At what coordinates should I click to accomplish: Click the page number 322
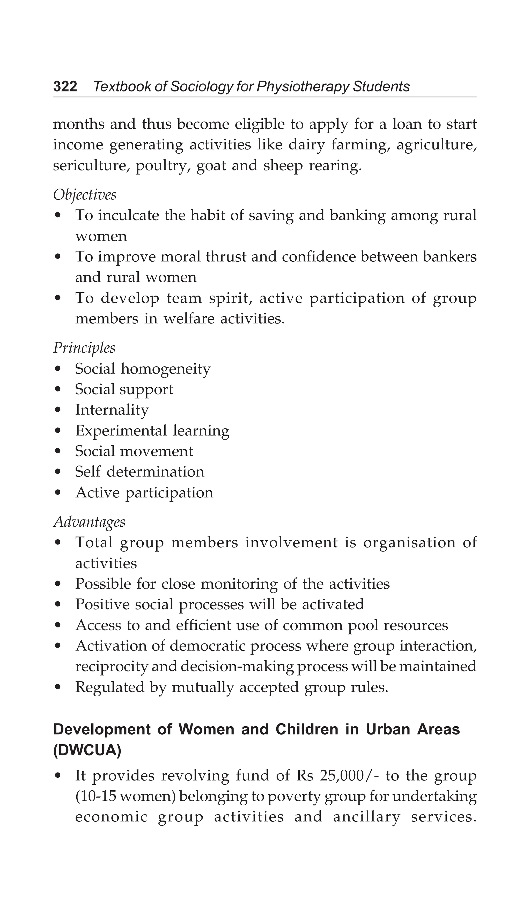pyautogui.click(x=65, y=87)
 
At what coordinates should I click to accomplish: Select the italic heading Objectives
pyautogui.click(x=85, y=195)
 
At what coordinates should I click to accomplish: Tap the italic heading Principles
pyautogui.click(x=84, y=348)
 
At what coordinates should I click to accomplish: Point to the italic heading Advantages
pyautogui.click(x=89, y=522)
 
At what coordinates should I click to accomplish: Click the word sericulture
pyautogui.click(x=91, y=166)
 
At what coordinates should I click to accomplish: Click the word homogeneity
pyautogui.click(x=166, y=369)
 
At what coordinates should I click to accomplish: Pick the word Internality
pyautogui.click(x=112, y=410)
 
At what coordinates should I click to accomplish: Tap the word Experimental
pyautogui.click(x=121, y=431)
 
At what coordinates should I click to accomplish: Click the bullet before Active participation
pyautogui.click(x=58, y=493)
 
